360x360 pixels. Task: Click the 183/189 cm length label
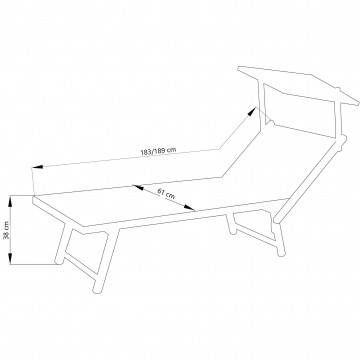pyautogui.click(x=158, y=151)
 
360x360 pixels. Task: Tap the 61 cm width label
pyautogui.click(x=166, y=194)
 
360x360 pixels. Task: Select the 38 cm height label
pyautogui.click(x=6, y=230)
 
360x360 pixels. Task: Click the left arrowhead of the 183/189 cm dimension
pyautogui.click(x=37, y=166)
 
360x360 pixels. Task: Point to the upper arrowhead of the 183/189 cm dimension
pyautogui.click(x=252, y=111)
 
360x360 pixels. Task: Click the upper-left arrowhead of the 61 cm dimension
pyautogui.click(x=138, y=188)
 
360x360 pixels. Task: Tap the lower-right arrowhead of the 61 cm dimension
pyautogui.click(x=189, y=208)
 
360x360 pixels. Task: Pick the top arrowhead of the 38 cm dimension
pyautogui.click(x=10, y=201)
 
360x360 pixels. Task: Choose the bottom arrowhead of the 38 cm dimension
pyautogui.click(x=10, y=259)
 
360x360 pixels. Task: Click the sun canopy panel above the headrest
pyautogui.click(x=298, y=85)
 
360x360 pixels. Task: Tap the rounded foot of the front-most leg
pyautogui.click(x=97, y=289)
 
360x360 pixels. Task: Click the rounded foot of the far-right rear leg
pyautogui.click(x=281, y=253)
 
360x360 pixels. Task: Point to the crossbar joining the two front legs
pyautogui.click(x=80, y=266)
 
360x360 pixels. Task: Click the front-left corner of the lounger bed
pyautogui.click(x=33, y=199)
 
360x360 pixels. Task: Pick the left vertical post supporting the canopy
pyautogui.click(x=262, y=102)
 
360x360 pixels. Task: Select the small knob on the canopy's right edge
pyautogui.click(x=337, y=90)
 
